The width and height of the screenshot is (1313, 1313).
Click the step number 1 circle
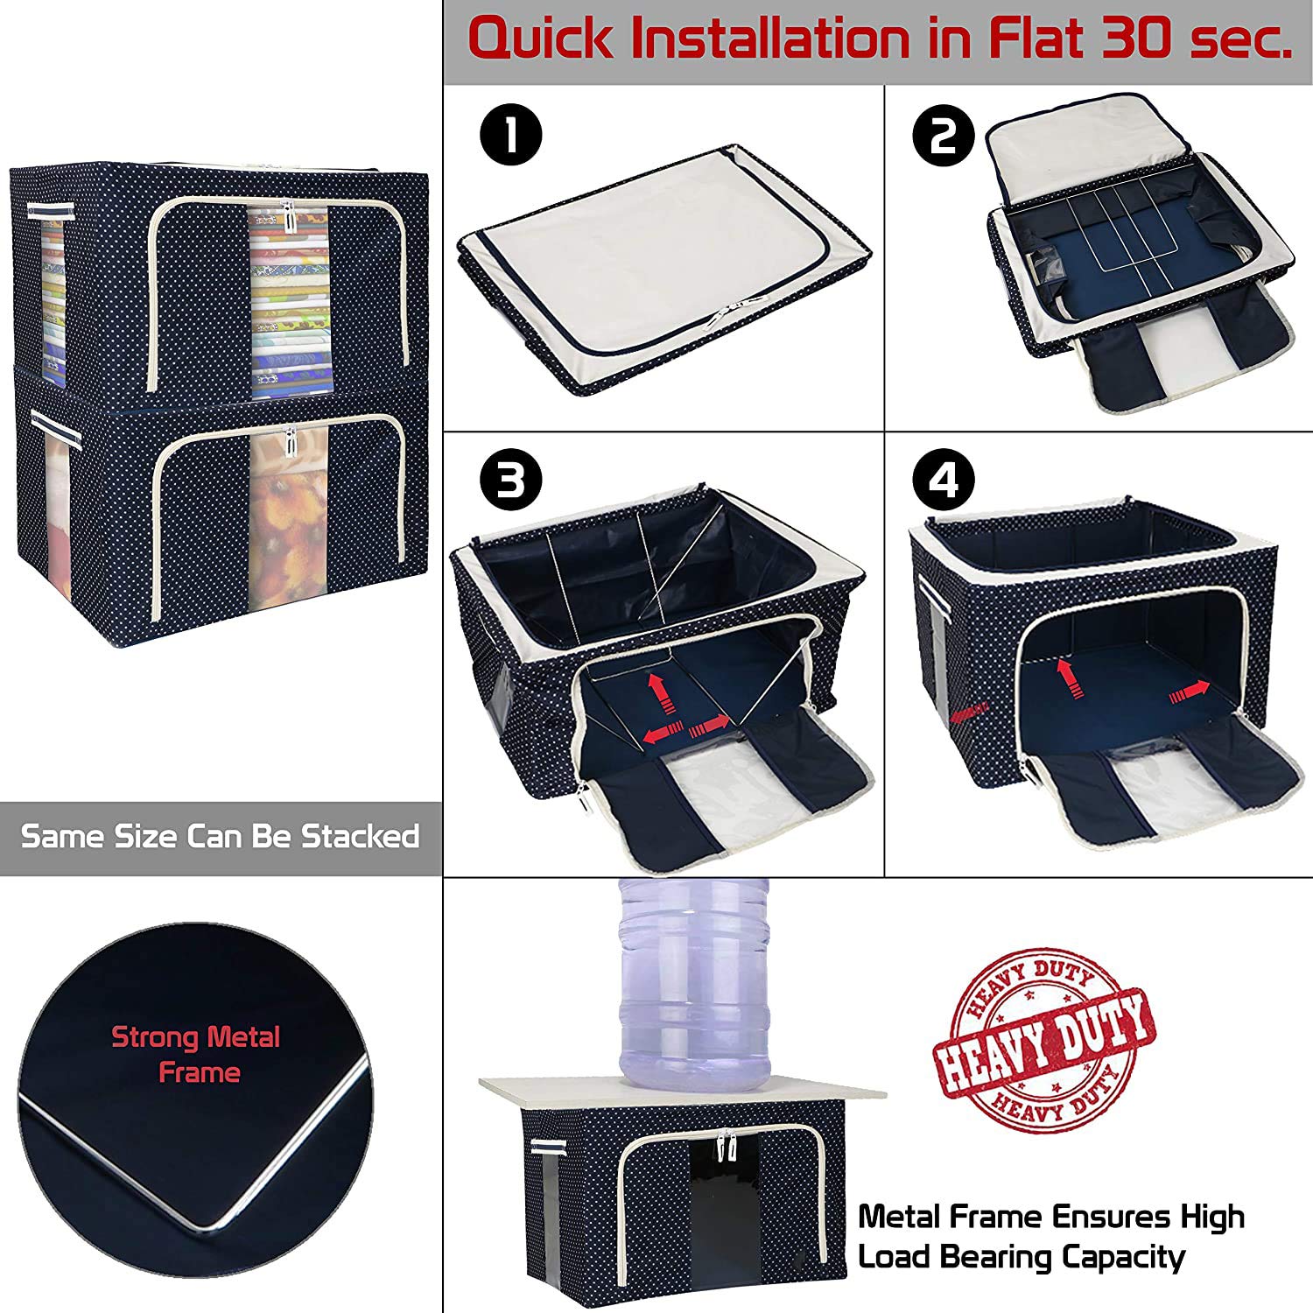click(x=511, y=137)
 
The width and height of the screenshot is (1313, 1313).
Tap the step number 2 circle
click(x=944, y=137)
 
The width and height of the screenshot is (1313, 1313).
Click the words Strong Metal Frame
click(x=196, y=1054)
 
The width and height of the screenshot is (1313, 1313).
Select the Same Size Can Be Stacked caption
click(x=220, y=836)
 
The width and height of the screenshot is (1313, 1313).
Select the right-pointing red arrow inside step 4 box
click(x=1190, y=691)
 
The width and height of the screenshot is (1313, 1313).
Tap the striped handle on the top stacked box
click(x=50, y=210)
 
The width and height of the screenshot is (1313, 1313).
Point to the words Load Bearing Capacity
click(x=1021, y=1257)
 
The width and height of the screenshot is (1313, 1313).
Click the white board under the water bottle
click(x=683, y=1094)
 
